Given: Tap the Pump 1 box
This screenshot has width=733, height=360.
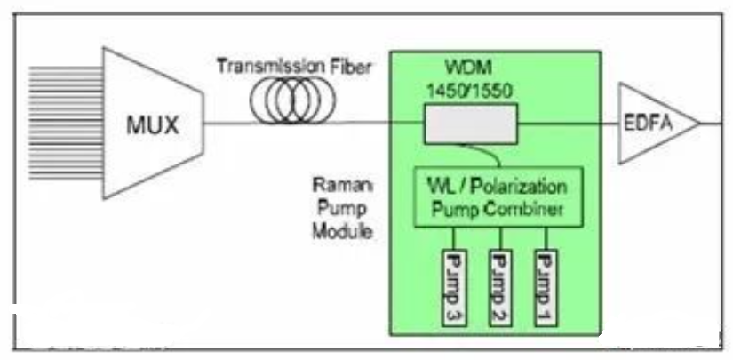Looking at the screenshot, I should (545, 287).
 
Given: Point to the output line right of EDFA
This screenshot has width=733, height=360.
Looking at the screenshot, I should (711, 124).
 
